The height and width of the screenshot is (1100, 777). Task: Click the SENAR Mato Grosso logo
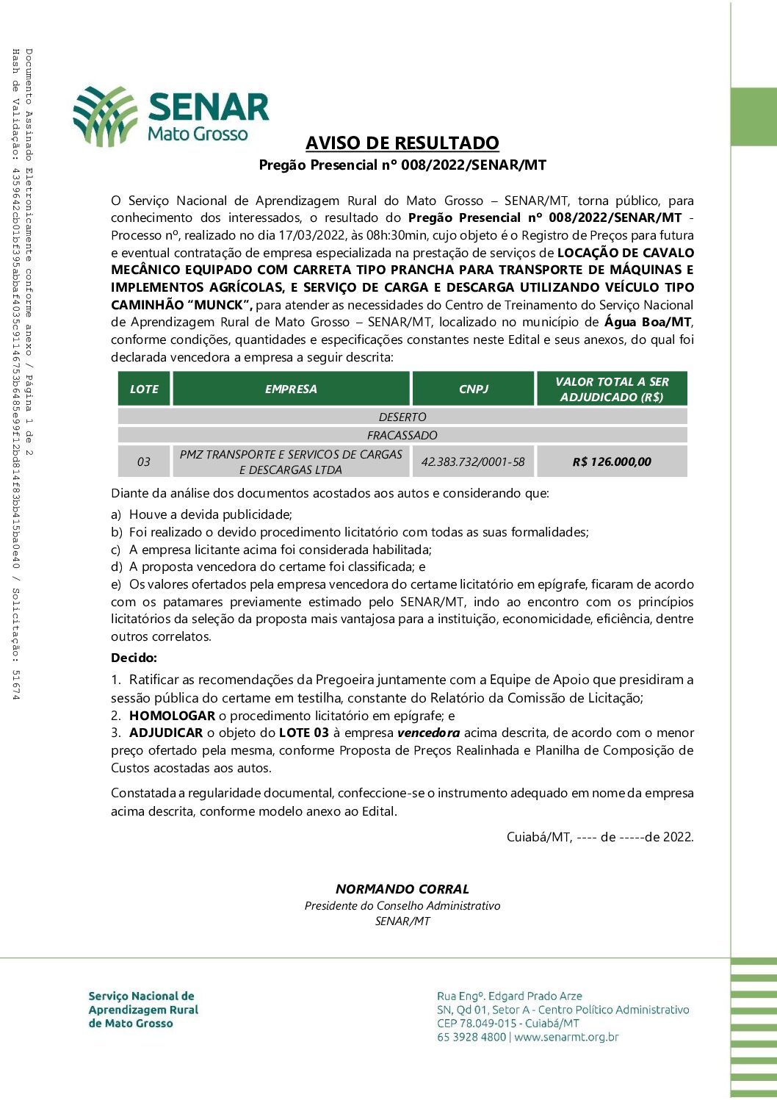click(x=171, y=116)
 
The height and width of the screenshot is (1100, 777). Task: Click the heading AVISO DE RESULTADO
click(x=402, y=143)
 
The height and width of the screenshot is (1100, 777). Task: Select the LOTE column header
click(x=144, y=389)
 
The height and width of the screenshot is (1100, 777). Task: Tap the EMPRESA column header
click(x=291, y=389)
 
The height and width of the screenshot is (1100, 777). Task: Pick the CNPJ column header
click(x=473, y=389)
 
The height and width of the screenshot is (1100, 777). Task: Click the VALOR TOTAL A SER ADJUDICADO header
click(x=612, y=389)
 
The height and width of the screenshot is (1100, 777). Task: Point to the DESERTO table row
click(x=402, y=417)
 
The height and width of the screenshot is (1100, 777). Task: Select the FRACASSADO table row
click(x=402, y=435)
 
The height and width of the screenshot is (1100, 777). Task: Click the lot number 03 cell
click(x=144, y=462)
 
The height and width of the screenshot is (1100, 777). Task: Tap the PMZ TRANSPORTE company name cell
click(x=291, y=462)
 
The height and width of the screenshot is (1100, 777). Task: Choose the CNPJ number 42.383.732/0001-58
click(x=473, y=462)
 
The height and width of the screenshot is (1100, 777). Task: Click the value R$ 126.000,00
click(x=612, y=462)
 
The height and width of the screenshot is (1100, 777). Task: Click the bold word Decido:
click(x=134, y=658)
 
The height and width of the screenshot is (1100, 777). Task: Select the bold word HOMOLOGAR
click(x=172, y=716)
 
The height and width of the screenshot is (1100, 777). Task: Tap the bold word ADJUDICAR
click(x=166, y=733)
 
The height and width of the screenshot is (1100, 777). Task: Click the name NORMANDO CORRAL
click(x=402, y=889)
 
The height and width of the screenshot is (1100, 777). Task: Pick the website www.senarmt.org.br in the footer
click(x=566, y=1038)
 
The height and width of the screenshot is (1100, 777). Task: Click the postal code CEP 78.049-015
click(x=477, y=1024)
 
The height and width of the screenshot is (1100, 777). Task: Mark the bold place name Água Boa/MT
click(x=648, y=322)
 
